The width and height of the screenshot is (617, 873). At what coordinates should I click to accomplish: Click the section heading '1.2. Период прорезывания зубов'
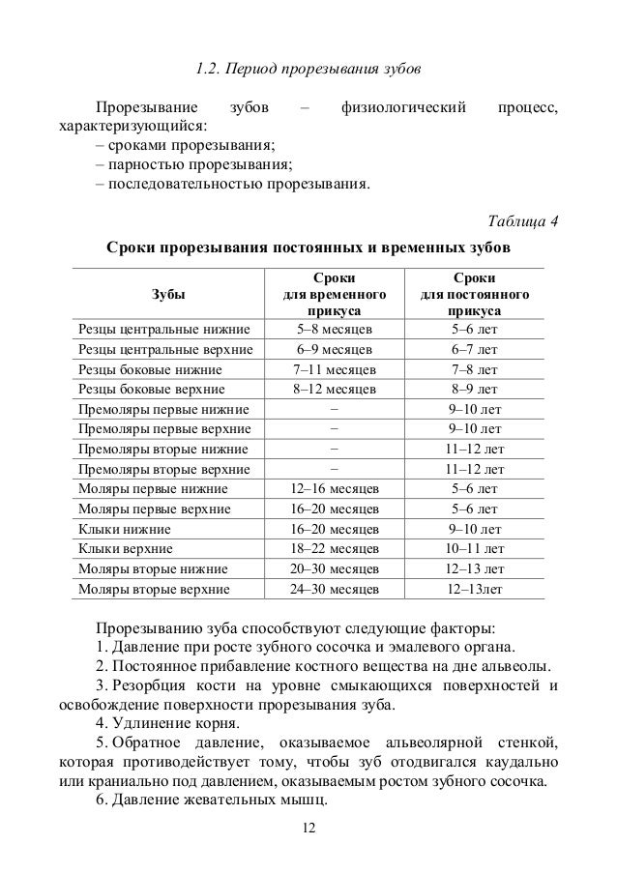(308, 70)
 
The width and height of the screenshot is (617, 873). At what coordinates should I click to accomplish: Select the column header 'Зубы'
(166, 292)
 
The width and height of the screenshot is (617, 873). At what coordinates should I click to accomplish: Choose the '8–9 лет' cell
(474, 390)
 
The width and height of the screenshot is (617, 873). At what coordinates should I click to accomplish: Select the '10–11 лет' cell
(474, 549)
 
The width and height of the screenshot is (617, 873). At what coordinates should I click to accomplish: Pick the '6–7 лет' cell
(474, 349)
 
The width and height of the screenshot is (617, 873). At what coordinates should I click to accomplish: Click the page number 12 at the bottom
(308, 829)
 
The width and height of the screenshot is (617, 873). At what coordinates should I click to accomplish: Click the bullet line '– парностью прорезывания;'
(193, 163)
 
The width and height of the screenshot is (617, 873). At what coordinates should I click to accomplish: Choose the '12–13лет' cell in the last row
(474, 589)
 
